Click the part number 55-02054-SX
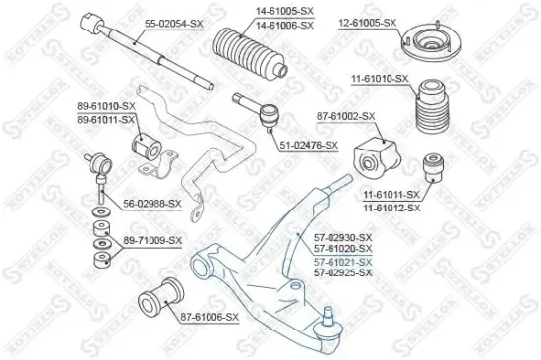point(173,24)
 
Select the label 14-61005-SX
point(284,11)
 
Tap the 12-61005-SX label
point(368,23)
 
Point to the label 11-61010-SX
point(380,79)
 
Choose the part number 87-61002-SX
point(345,116)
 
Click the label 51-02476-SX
point(309,146)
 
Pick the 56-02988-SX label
point(152,204)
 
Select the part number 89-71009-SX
point(152,240)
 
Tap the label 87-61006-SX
point(210,317)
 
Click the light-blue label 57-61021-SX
point(343,262)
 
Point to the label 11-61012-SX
point(391,208)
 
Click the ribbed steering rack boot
point(251,52)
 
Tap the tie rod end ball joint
point(270,115)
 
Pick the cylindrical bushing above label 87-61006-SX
point(160,299)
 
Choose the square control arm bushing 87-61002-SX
point(377,157)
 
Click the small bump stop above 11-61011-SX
point(434,168)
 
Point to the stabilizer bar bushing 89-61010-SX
point(147,146)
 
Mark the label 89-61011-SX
point(105,120)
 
